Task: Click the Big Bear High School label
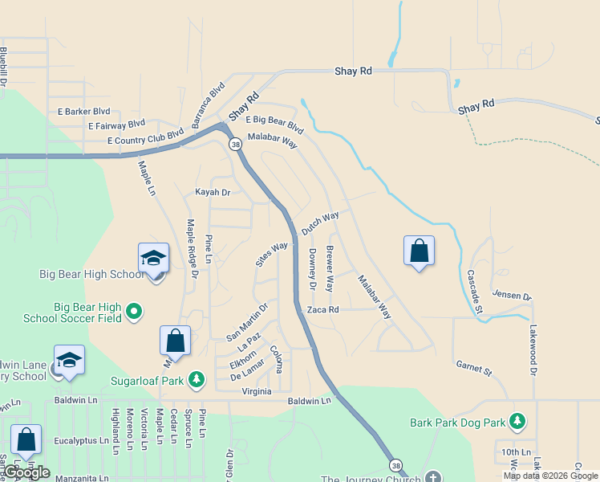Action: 92,274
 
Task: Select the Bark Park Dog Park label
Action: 457,422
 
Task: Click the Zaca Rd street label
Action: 323,309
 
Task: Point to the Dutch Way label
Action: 320,223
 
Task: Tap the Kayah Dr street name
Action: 213,193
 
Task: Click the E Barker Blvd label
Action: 83,112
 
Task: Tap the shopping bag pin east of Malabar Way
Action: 419,251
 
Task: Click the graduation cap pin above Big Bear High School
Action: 153,259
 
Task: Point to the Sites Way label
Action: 271,254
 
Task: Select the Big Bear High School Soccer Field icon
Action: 134,310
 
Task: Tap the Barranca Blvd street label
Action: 208,104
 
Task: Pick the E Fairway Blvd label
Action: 116,125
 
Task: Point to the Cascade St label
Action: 473,280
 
